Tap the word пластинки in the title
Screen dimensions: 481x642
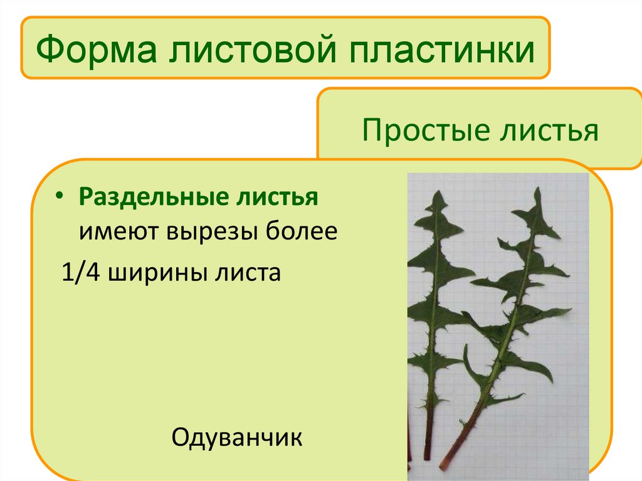(x=433, y=50)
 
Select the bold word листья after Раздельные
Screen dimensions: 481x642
(x=279, y=198)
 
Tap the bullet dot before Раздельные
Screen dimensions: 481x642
(x=59, y=196)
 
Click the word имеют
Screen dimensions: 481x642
(x=118, y=233)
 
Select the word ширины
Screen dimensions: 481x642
(x=154, y=273)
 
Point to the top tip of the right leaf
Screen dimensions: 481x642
(x=537, y=190)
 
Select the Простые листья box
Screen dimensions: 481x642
(x=480, y=129)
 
